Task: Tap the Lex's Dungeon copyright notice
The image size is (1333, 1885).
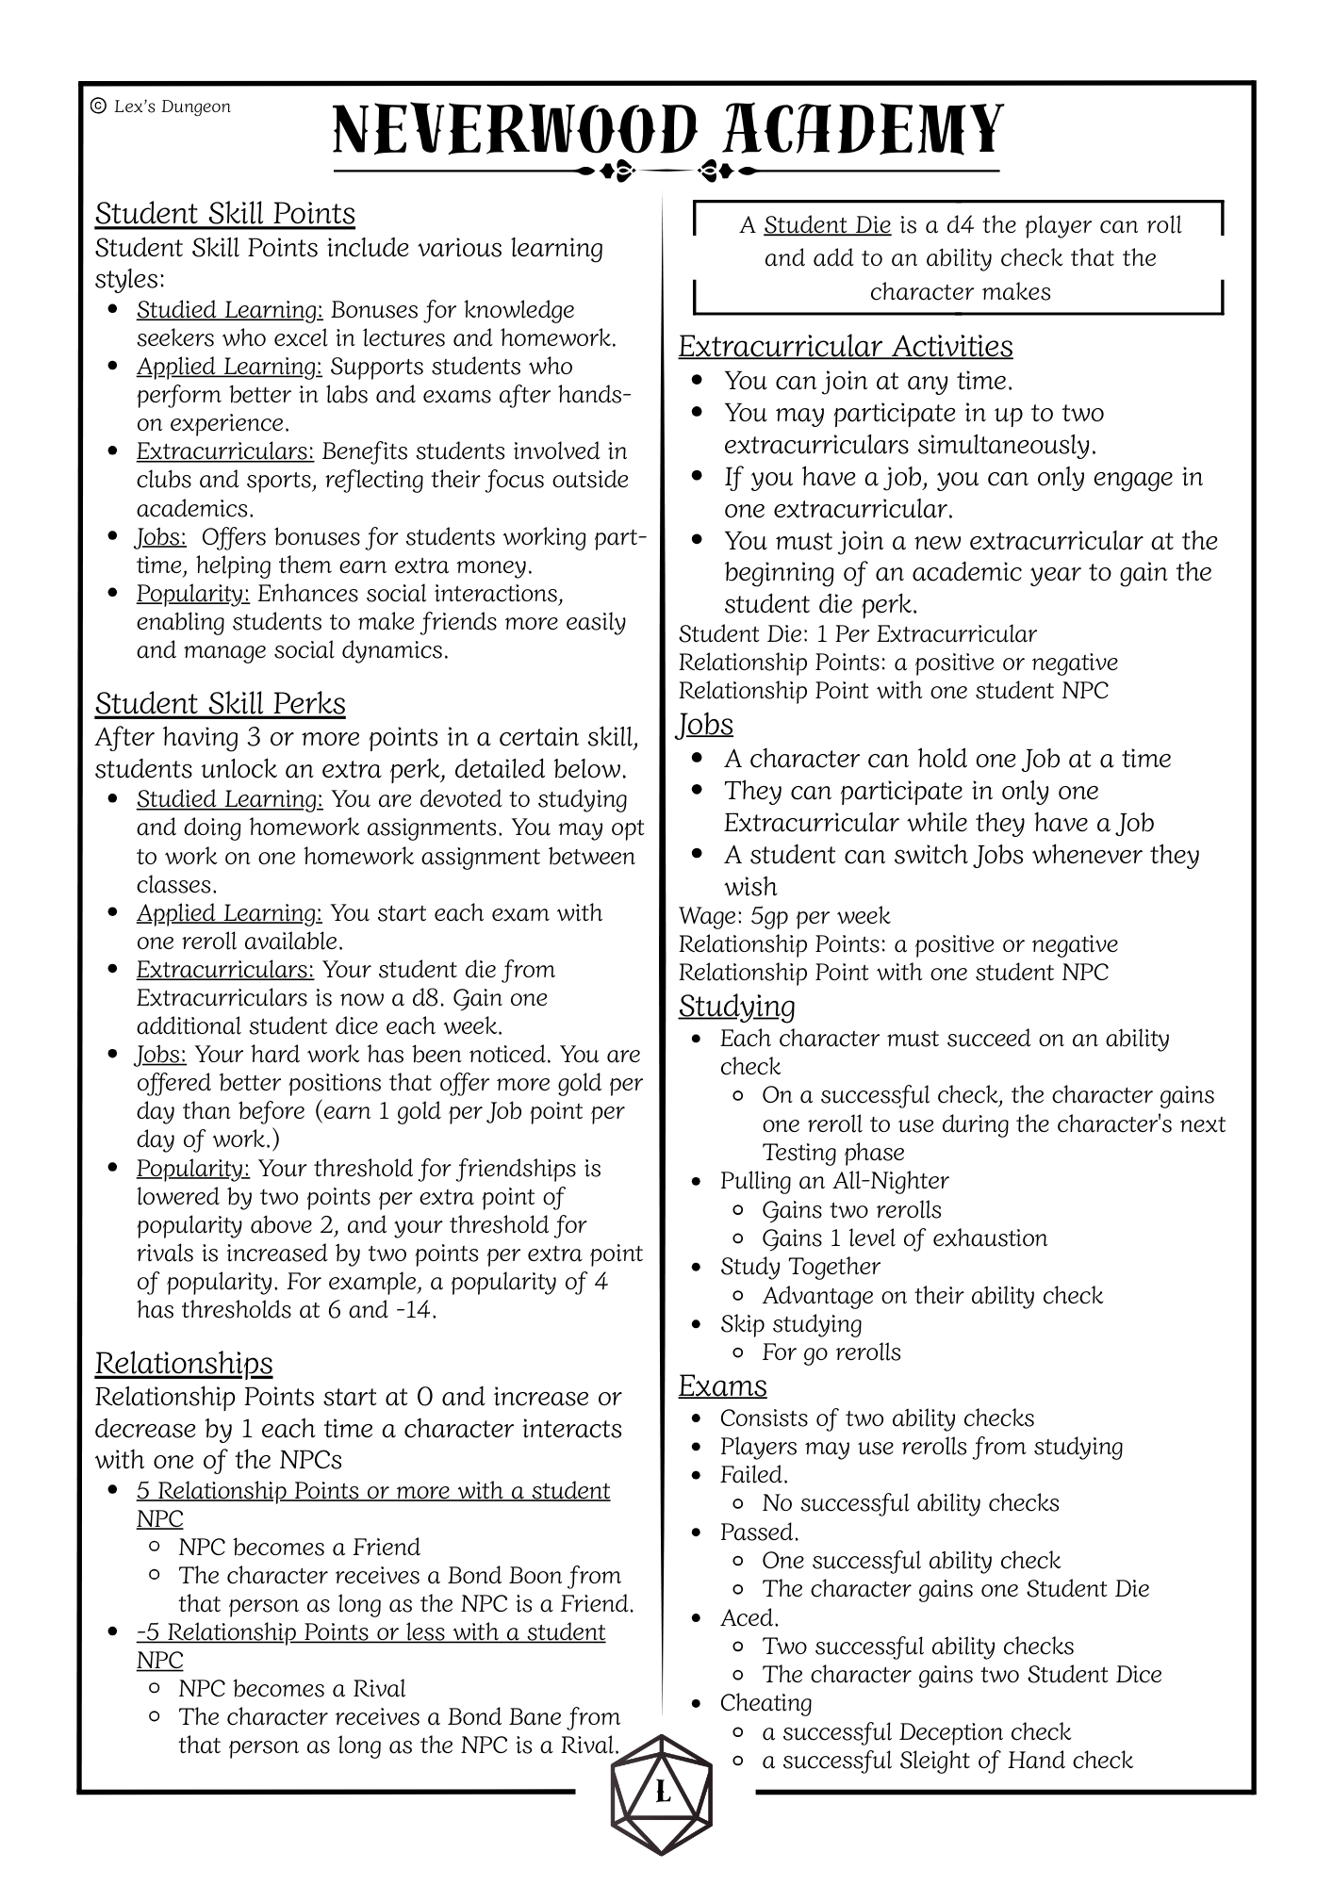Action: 160,107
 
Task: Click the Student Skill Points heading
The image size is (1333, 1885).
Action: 224,213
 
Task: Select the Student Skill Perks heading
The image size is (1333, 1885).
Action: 220,703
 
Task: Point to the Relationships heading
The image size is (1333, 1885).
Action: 184,1363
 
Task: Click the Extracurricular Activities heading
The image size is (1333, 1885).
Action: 846,346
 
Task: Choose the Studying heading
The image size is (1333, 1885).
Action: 736,1006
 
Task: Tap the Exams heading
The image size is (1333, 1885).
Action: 722,1385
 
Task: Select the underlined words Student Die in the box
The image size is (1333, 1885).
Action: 827,225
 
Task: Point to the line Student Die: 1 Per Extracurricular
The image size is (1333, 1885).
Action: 857,634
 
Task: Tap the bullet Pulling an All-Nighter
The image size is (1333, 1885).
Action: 833,1181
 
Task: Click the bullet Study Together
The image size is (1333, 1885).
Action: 799,1266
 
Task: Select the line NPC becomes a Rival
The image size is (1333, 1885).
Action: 291,1688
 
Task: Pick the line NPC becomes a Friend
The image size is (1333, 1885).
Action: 299,1547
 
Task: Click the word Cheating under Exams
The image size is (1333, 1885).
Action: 765,1703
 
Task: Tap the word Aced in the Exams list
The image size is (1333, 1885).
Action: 749,1618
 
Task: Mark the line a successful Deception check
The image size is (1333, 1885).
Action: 915,1731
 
